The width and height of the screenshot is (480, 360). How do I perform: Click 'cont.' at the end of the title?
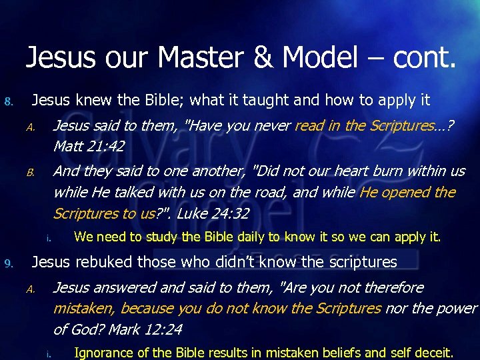pos(425,58)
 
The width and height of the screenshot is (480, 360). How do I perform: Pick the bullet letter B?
pos(30,173)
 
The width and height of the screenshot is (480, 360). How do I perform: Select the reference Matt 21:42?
pos(88,145)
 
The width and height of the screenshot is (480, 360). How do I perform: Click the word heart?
pos(334,171)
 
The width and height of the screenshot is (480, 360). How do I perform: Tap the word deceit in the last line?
pos(434,353)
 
